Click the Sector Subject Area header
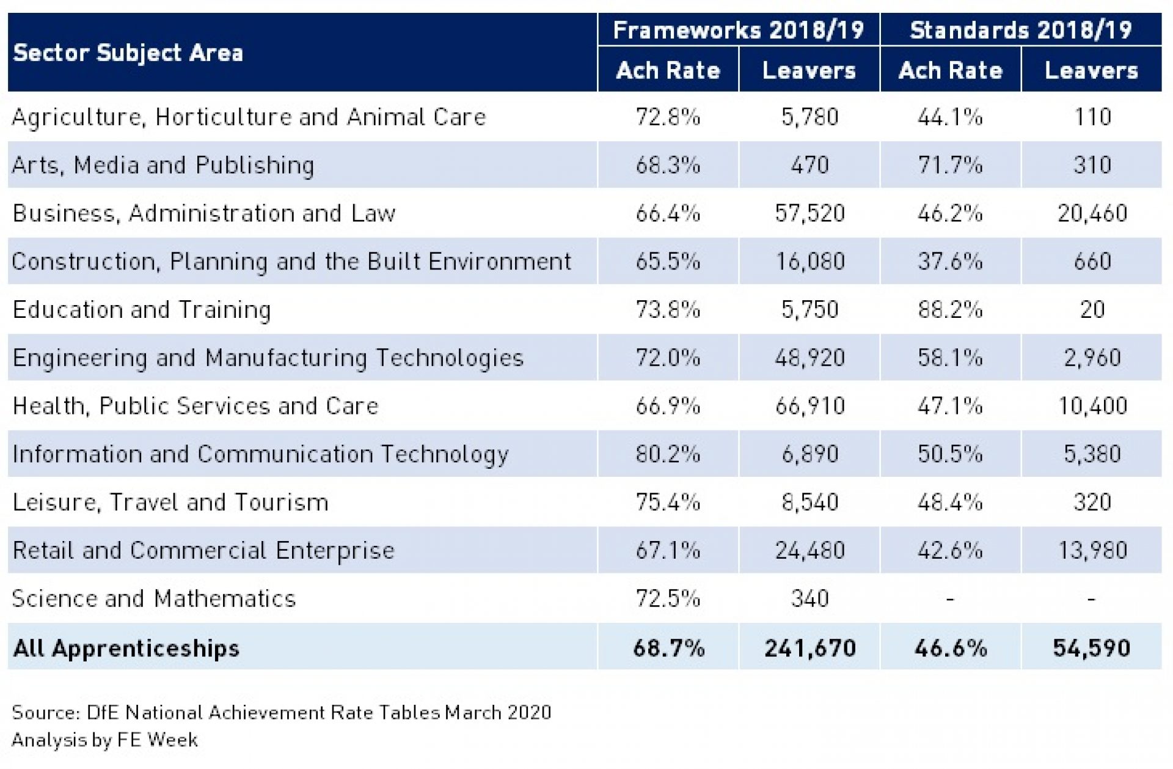point(128,53)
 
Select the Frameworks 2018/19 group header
point(738,30)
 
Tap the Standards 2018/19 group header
point(1020,30)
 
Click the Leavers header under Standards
point(1091,71)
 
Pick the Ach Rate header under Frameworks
point(668,71)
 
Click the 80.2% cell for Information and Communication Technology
point(668,454)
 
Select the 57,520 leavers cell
point(809,213)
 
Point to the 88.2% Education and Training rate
point(950,310)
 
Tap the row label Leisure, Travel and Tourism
point(170,502)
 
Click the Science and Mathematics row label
point(153,598)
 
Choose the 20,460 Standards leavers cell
point(1092,213)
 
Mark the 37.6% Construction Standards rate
point(950,262)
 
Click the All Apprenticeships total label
point(126,648)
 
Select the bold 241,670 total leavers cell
point(809,648)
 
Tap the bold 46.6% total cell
point(950,648)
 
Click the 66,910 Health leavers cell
point(809,406)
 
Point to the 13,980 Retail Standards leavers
point(1092,551)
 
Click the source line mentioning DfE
point(281,713)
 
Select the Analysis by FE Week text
point(104,740)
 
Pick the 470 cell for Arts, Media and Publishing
point(809,165)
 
